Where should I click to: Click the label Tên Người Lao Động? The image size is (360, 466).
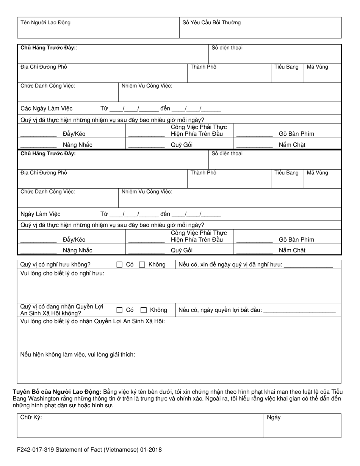[45, 23]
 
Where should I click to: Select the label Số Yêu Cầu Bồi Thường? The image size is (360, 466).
[211, 23]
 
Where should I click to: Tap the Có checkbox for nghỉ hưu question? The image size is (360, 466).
[119, 265]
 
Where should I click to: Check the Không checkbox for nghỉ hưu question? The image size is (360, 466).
[142, 265]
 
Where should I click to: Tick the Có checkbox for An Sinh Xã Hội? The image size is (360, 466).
[119, 310]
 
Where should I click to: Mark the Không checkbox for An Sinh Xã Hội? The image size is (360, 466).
[144, 310]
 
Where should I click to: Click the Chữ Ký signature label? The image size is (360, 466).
[31, 418]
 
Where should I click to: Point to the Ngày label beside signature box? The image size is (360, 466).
[274, 418]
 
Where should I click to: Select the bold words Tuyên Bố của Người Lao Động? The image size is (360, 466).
[57, 392]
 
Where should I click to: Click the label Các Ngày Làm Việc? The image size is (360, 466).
[46, 109]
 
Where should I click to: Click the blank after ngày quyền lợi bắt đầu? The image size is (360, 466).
[299, 310]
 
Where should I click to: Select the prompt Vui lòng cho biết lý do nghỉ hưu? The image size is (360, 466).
[62, 274]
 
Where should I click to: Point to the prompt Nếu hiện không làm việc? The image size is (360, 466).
[77, 355]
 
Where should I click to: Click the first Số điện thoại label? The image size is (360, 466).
[227, 48]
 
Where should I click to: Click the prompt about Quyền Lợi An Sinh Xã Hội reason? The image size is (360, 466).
[92, 321]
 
